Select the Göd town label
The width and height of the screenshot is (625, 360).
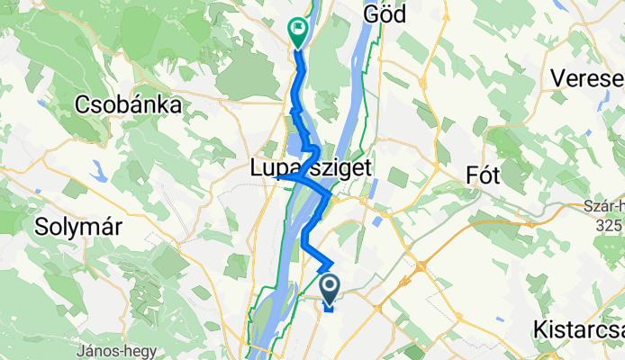click(385, 13)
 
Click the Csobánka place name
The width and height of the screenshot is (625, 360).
click(128, 103)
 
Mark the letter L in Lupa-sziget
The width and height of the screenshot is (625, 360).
click(256, 167)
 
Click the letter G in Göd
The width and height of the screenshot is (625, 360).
click(370, 13)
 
